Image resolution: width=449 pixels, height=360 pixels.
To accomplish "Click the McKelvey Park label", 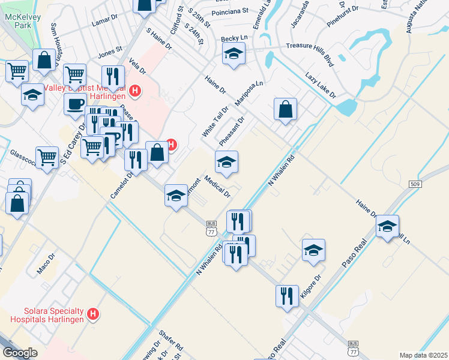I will coord(22,22).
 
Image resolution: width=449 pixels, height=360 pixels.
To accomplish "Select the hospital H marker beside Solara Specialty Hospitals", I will coord(92,314).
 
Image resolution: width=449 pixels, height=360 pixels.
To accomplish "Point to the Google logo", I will coord(20,353).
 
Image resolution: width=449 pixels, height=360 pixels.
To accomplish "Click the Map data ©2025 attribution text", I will coord(423,355).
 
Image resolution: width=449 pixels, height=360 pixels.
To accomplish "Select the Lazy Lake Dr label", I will coord(320,86).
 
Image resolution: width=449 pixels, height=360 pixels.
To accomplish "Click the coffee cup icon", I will coord(75,103).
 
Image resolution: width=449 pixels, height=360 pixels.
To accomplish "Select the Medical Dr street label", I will coord(217,186).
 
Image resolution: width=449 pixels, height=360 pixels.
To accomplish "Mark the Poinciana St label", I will coord(230,11).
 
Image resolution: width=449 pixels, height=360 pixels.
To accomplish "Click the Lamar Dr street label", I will coord(104,22).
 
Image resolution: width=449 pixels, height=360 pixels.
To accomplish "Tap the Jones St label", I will coord(110,52).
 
